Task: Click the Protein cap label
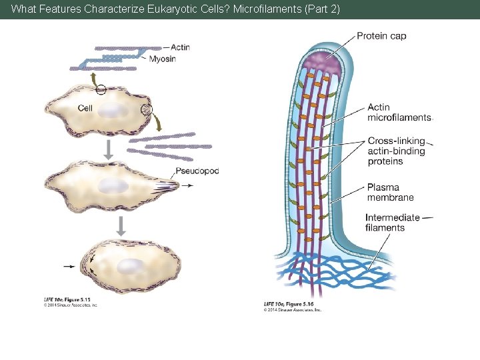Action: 381,36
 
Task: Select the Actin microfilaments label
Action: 399,112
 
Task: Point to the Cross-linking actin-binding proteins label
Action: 396,151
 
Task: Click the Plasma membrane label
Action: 390,192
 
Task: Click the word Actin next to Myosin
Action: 179,47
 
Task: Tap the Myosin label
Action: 162,59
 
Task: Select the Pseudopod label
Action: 197,171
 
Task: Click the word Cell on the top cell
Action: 85,108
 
